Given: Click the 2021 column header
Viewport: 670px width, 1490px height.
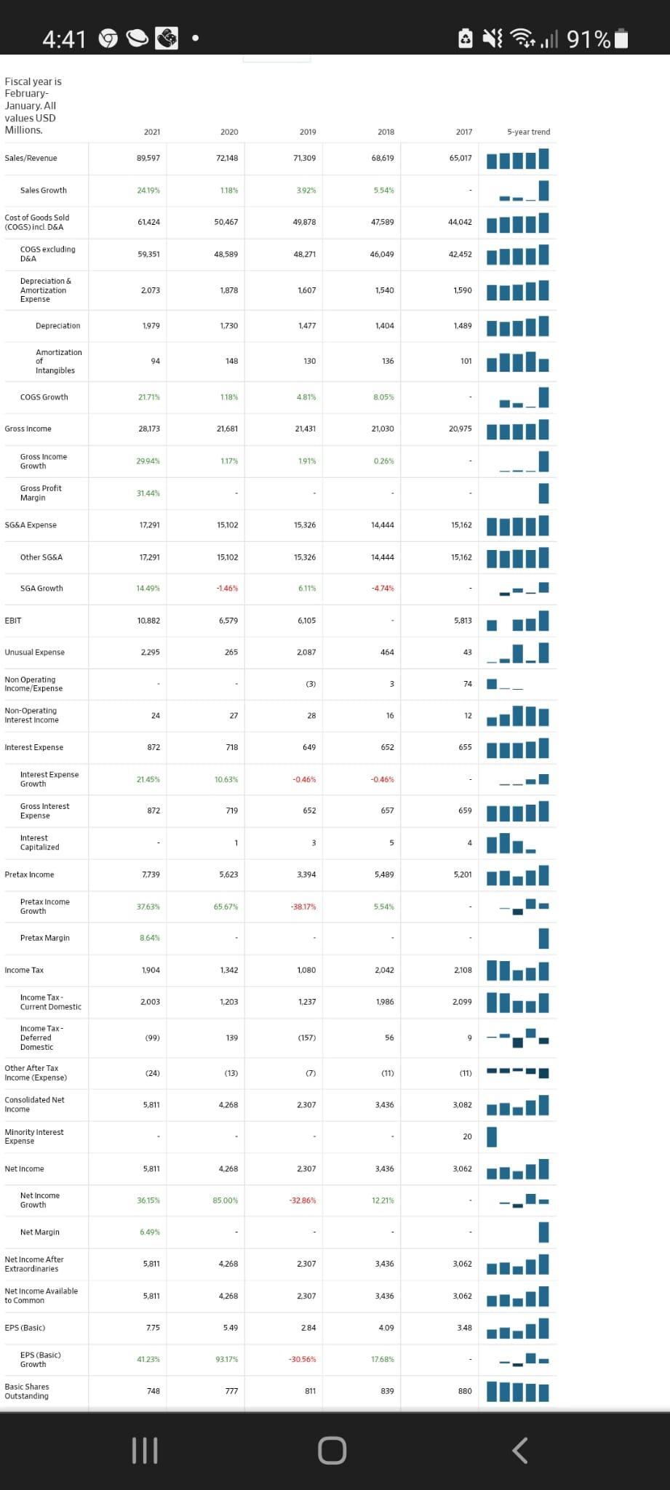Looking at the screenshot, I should [x=152, y=132].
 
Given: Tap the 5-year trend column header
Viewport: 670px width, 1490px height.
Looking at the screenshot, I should [x=528, y=132].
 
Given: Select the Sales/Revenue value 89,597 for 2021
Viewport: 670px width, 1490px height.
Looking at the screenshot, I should [x=148, y=158].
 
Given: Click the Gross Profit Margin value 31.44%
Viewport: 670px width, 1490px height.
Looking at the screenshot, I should [x=148, y=493].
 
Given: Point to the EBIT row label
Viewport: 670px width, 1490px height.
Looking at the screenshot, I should [x=13, y=621].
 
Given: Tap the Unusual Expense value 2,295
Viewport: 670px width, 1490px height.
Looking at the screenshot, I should [x=150, y=652].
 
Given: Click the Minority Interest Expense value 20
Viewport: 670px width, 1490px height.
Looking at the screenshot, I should [x=467, y=1136].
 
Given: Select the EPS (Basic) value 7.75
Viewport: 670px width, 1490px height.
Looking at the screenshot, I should [x=152, y=1328].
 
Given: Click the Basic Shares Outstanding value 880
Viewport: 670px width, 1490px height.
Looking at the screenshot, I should [x=465, y=1391].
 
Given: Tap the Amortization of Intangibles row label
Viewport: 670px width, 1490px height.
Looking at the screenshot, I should [x=58, y=362].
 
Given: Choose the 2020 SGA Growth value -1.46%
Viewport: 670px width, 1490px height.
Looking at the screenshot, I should [x=227, y=588].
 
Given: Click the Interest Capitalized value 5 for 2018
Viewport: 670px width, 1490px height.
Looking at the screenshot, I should [x=391, y=842].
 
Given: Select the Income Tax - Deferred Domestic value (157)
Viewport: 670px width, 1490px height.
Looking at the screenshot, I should [x=306, y=1037].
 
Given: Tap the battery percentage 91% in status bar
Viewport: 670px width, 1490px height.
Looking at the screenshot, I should [x=589, y=39].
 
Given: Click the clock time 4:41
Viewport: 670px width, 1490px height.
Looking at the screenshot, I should [x=64, y=39].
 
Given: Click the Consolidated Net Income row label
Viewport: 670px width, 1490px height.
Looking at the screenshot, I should [x=34, y=1104].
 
